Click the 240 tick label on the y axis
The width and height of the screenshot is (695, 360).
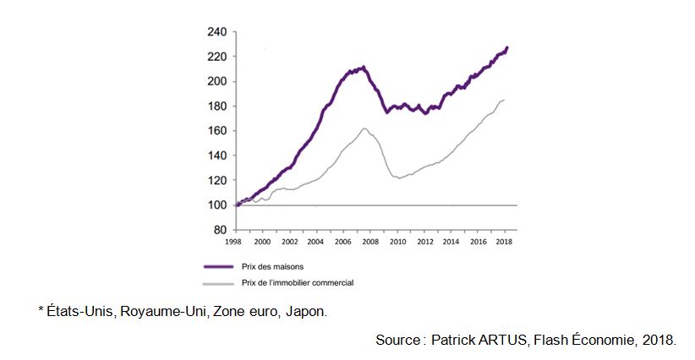[x=216, y=32]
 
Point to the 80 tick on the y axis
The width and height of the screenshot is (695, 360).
[x=219, y=230]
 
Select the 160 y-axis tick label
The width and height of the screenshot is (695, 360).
[x=216, y=131]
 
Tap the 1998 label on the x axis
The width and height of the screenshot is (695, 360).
[x=234, y=241]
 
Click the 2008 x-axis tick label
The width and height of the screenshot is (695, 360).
[x=369, y=241]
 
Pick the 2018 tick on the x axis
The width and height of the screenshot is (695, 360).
[x=505, y=241]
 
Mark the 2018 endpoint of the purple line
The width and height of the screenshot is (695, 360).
[x=507, y=47]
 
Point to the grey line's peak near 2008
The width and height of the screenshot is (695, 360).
[x=364, y=128]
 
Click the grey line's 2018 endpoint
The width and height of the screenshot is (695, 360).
[x=504, y=100]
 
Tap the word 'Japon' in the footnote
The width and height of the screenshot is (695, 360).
[x=306, y=312]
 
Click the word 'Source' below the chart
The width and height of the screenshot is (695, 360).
[x=397, y=340]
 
